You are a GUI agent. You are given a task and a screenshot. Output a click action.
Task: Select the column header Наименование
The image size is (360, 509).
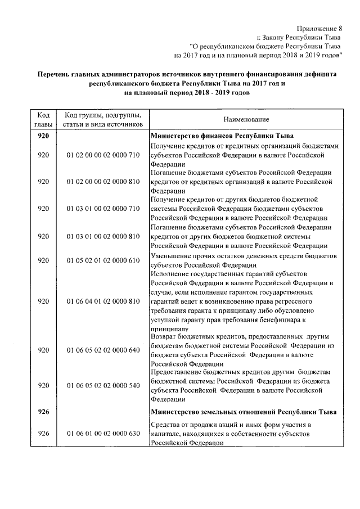[x=245, y=119]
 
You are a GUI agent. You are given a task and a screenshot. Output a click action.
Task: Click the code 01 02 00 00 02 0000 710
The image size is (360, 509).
[x=102, y=155]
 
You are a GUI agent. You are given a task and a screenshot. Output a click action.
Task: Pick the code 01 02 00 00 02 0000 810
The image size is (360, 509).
[x=102, y=182]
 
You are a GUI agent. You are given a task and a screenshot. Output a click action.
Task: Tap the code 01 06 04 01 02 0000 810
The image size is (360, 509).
[x=102, y=301]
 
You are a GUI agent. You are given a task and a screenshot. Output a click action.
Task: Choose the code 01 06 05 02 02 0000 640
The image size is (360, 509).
[x=102, y=350]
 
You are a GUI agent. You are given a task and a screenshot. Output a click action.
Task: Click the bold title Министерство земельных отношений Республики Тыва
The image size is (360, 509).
[x=243, y=412]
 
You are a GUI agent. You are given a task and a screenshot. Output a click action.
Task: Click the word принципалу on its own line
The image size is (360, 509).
[x=170, y=328]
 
